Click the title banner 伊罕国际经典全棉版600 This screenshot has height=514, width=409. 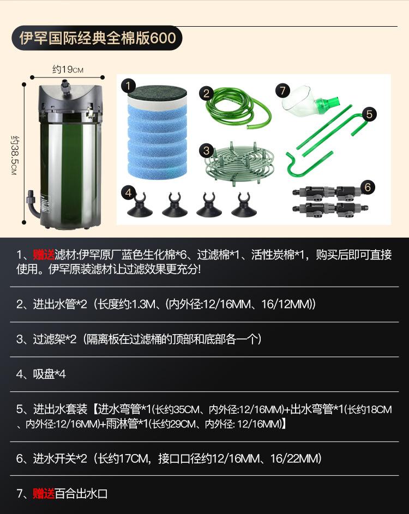tap(97, 38)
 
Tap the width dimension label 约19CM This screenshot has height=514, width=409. tap(68, 70)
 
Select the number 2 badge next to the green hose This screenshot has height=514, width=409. tap(206, 93)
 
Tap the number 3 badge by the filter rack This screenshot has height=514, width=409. tap(206, 149)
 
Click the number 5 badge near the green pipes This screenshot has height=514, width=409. tap(369, 114)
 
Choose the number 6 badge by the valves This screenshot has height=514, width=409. tap(368, 187)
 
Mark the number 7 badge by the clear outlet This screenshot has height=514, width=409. tap(281, 88)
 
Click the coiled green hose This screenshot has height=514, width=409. tap(238, 108)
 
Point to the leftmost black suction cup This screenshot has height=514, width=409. tap(141, 206)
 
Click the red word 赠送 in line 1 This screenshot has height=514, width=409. tap(44, 255)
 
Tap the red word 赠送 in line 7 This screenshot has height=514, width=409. tap(44, 494)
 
